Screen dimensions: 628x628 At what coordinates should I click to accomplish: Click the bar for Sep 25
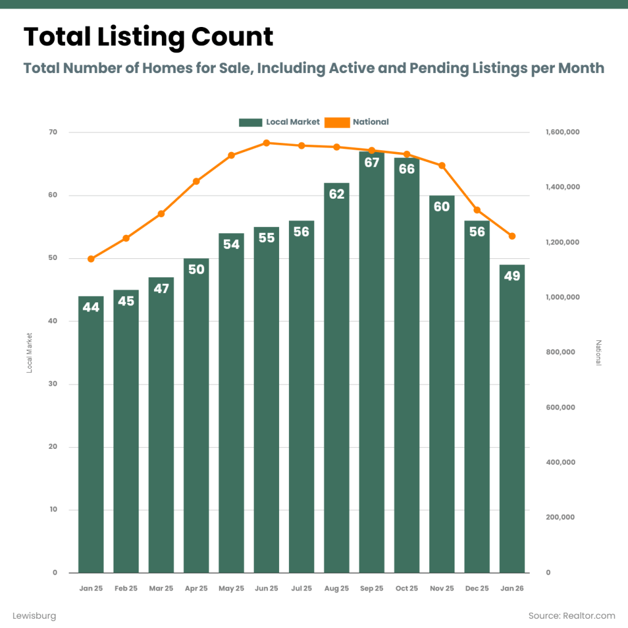pos(372,368)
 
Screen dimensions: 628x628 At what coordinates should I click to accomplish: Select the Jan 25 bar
pos(91,435)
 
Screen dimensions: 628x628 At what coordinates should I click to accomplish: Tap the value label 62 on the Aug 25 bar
pos(337,194)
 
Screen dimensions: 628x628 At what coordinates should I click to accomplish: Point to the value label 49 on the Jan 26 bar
pos(512,276)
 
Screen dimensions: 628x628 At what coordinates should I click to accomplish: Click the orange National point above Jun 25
pos(266,143)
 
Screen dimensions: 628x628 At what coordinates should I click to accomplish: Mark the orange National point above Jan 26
pos(512,236)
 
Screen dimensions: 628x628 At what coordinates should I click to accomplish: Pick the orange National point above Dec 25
pos(477,210)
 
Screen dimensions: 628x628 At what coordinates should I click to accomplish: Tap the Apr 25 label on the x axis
pos(196,589)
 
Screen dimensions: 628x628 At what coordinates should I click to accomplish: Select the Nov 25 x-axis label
pos(442,589)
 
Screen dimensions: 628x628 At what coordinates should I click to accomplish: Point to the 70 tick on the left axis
pos(53,132)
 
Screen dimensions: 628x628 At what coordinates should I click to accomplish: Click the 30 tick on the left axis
pos(53,385)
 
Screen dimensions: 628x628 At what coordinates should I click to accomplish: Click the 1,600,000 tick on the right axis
pos(562,132)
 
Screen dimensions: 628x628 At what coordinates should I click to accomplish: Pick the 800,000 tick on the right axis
pos(561,353)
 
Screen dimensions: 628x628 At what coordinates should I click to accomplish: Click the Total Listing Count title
pos(148,37)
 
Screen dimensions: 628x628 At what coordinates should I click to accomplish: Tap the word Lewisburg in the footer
pos(34,615)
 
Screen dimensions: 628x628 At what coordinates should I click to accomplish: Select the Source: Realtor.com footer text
pos(572,615)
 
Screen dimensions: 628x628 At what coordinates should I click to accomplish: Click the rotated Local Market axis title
pos(28,353)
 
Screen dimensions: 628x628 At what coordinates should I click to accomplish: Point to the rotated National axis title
pos(599,353)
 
